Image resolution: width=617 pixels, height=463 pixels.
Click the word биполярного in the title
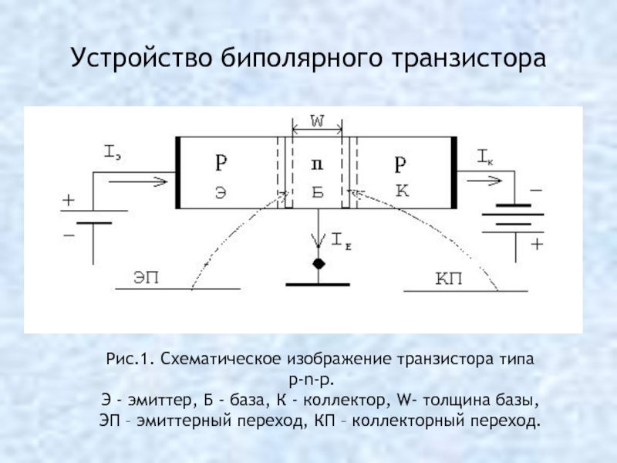coord(302,59)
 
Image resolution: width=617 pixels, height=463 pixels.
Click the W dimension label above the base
coord(317,122)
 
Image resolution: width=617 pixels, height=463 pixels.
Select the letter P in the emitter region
coord(221,162)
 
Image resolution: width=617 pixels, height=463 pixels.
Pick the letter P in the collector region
coord(400,164)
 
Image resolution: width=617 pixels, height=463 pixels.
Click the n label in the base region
coord(317,164)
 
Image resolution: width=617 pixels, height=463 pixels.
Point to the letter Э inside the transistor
coord(221,192)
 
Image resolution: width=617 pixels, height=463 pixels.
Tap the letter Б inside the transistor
coord(318,192)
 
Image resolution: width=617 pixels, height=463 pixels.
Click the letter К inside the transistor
coord(402,191)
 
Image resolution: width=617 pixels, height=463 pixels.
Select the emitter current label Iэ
coord(112,152)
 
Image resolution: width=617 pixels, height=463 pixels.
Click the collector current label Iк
coord(485,157)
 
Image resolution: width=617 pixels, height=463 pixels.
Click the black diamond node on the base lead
coord(319,264)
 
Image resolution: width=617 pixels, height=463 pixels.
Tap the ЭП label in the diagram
coord(147,278)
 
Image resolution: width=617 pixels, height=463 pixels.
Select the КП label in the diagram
coord(449,279)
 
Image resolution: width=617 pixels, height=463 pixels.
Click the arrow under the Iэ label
coord(138,182)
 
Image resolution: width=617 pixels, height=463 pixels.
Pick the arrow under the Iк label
coord(484,181)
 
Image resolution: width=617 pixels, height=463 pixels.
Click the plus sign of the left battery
coord(69,200)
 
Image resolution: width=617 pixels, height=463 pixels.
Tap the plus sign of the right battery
coord(537,244)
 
